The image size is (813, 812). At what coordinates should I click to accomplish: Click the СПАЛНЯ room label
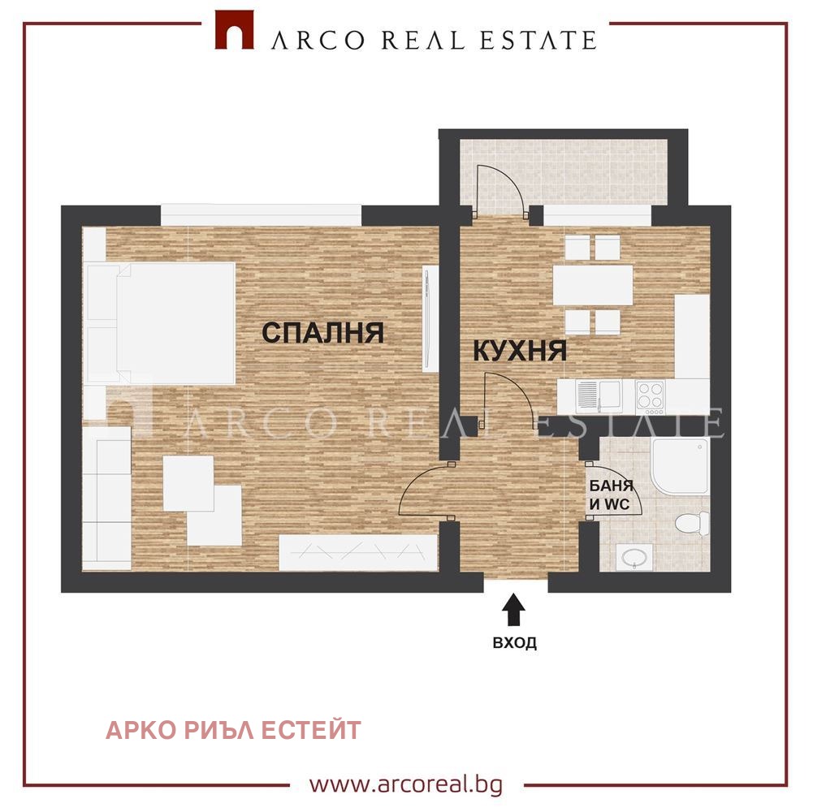click(x=322, y=332)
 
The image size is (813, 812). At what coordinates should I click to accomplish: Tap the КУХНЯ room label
click(x=520, y=351)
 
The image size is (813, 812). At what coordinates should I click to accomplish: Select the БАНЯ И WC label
click(x=612, y=495)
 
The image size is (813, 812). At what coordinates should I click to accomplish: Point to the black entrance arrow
click(x=513, y=610)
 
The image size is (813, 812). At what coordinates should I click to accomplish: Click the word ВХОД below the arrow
click(x=514, y=643)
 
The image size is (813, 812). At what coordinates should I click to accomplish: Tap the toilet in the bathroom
click(x=692, y=522)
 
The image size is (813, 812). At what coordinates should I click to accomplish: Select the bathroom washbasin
click(x=634, y=557)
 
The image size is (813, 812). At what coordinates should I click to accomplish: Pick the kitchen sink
click(x=599, y=396)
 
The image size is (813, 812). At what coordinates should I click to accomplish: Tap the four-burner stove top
click(x=651, y=397)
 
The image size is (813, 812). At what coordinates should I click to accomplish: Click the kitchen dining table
click(x=593, y=285)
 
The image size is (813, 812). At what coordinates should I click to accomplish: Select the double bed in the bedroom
click(x=162, y=323)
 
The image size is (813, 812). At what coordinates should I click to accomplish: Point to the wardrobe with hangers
click(x=357, y=553)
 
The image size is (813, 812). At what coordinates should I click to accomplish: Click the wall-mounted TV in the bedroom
click(x=429, y=318)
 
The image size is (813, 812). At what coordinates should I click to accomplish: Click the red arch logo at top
click(x=235, y=30)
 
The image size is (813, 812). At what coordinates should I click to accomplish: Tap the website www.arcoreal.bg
click(x=406, y=784)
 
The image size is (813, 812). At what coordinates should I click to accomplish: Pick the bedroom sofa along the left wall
click(x=107, y=498)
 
